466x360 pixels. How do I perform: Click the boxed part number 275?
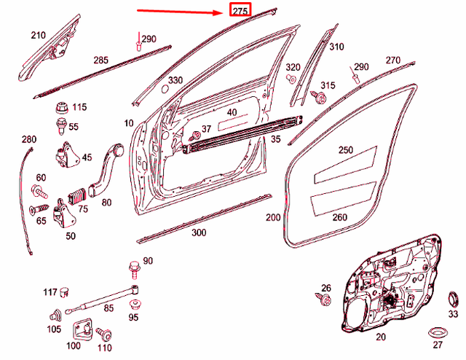240,11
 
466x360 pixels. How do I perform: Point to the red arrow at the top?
182,12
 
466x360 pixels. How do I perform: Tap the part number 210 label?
38,34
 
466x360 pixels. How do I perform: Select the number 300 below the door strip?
198,233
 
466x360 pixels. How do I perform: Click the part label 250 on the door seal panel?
345,150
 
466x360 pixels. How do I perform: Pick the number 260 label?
339,216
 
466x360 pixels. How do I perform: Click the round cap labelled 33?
452,299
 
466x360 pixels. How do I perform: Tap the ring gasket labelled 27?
436,332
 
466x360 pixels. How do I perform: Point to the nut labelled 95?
135,301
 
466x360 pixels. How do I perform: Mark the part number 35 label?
275,138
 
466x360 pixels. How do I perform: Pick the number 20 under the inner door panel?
380,337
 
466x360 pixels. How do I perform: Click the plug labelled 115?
61,108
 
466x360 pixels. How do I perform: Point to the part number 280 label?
28,139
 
